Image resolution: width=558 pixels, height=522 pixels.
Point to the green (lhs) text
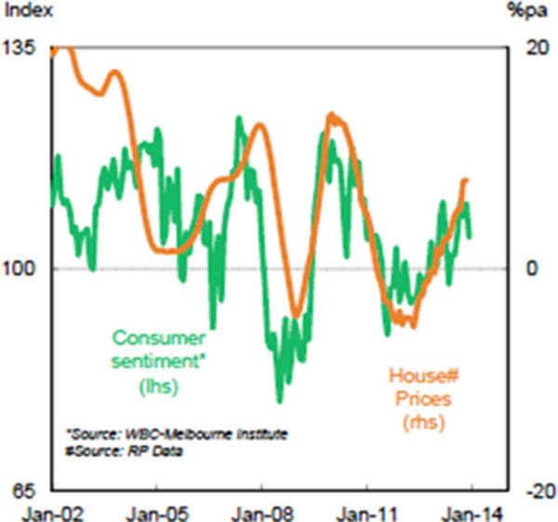pos(158,383)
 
